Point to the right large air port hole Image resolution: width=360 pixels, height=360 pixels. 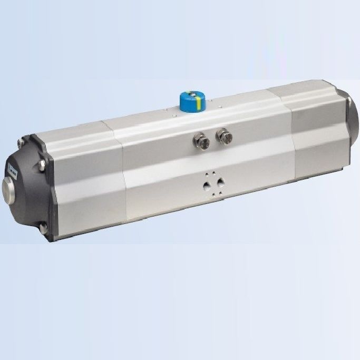click(x=219, y=183)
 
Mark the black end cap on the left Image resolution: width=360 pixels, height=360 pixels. click(x=29, y=187)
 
